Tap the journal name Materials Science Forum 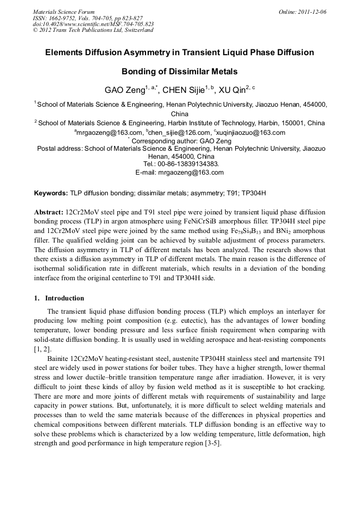click(x=64, y=12)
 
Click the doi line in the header click(x=93, y=24)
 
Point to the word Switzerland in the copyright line click(x=137, y=30)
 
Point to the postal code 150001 click(x=293, y=123)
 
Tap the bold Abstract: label click(x=49, y=212)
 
